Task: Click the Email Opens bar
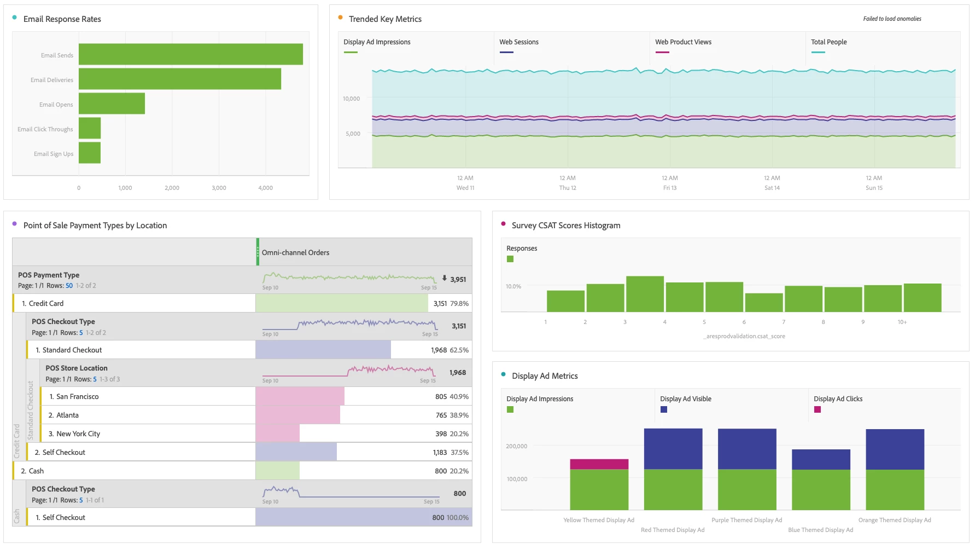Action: coord(112,103)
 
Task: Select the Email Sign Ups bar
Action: coord(90,153)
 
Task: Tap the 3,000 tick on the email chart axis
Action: coord(219,188)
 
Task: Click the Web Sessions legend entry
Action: coord(518,42)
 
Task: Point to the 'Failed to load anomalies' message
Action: coord(892,19)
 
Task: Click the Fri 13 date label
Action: coord(669,188)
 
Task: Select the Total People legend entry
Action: coord(828,42)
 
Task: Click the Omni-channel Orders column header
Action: coord(295,252)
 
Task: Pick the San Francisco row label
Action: coord(77,396)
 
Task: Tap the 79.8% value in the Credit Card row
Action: coord(459,303)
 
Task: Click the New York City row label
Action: coord(78,434)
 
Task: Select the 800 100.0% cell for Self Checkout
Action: coord(450,517)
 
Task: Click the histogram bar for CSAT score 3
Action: coord(645,294)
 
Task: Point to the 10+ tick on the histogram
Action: coord(902,322)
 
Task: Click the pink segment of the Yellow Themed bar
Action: coord(599,464)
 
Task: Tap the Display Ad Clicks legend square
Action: coord(818,409)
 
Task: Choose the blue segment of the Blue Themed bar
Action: coord(821,459)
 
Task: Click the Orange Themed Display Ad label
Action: coord(895,520)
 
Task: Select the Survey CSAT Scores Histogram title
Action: coord(566,226)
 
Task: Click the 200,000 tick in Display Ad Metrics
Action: coord(516,446)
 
